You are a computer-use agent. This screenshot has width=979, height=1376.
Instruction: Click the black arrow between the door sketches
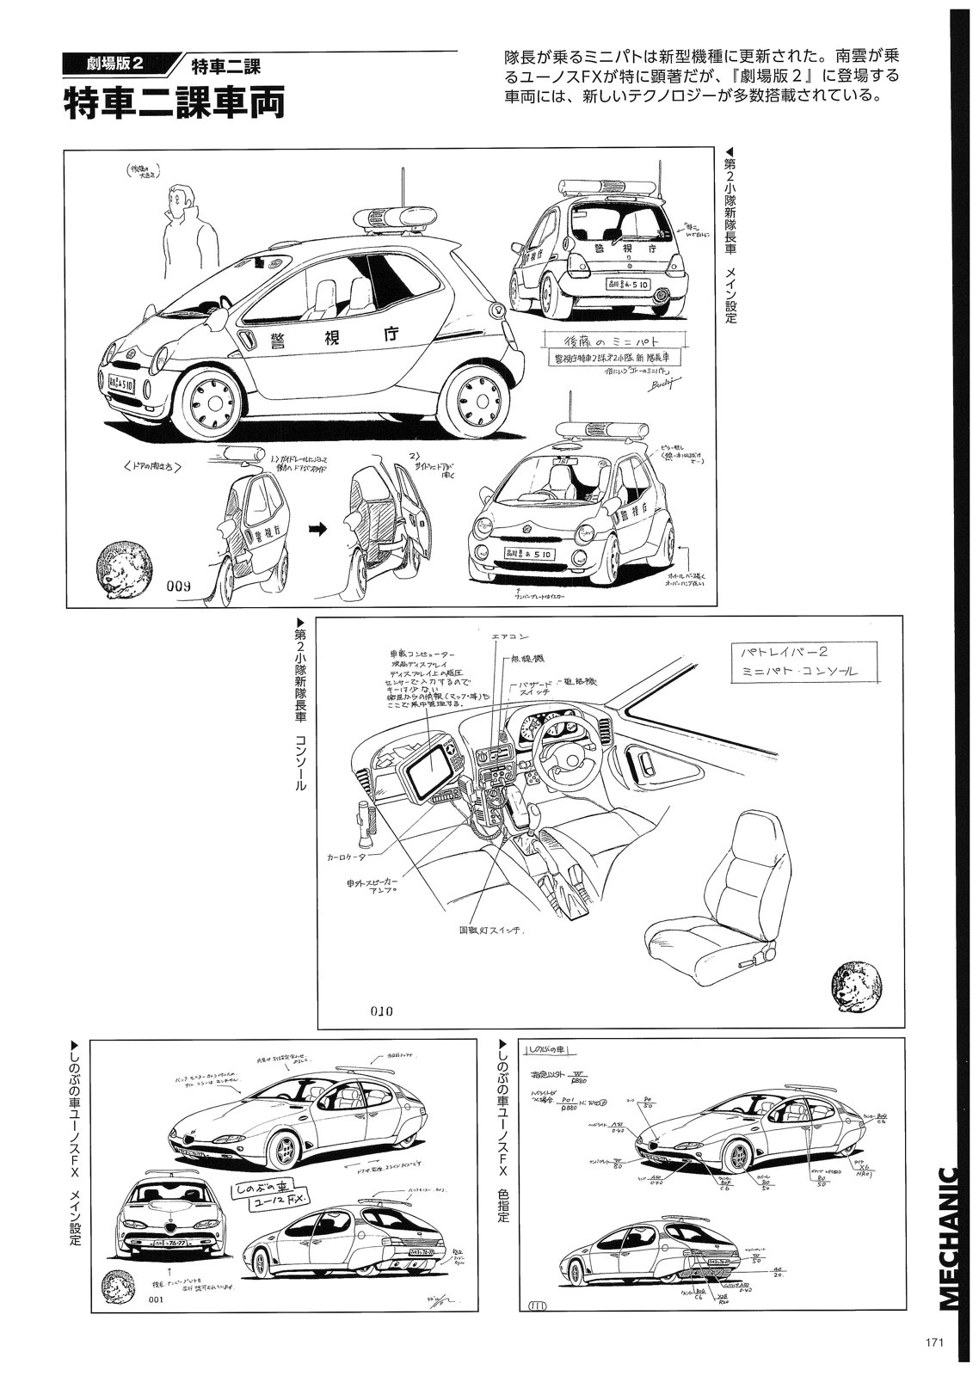click(x=318, y=531)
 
